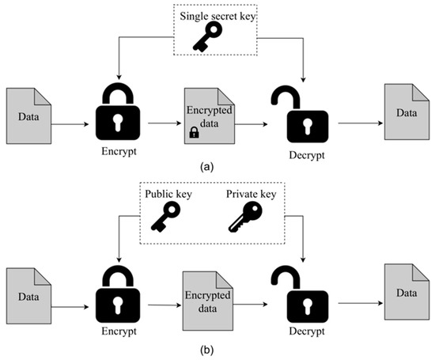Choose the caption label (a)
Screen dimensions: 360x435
207,167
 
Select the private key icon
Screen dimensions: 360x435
246,218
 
